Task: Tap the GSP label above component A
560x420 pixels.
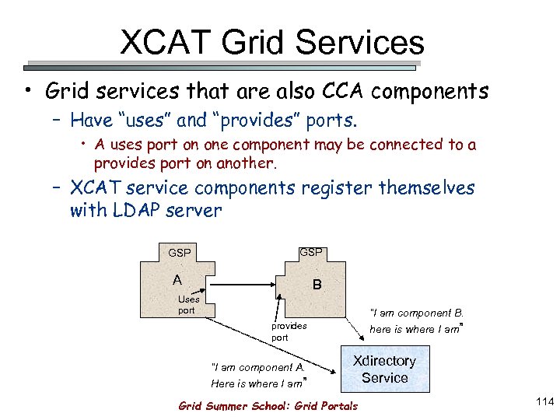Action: click(180, 253)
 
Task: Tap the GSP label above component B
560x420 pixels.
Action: click(312, 252)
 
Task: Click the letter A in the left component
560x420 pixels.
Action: click(178, 280)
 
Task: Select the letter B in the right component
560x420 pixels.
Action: click(317, 285)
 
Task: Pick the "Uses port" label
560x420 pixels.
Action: click(187, 304)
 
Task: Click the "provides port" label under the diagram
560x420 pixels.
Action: click(289, 332)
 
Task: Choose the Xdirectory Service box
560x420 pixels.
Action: click(384, 369)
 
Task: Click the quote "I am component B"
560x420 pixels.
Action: click(417, 313)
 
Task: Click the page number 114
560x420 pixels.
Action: click(544, 401)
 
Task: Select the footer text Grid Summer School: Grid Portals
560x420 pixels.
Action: click(268, 406)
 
